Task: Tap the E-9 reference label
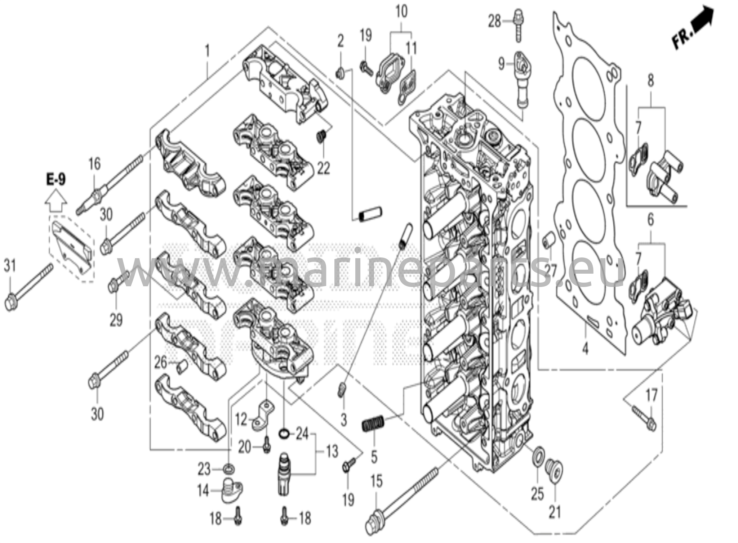tap(56, 179)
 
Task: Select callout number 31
tap(10, 266)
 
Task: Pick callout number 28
tap(494, 21)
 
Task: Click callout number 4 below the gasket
tap(585, 348)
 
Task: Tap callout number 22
tap(323, 167)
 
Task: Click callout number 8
tap(650, 80)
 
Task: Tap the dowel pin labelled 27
tap(547, 238)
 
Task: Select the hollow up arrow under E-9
tap(56, 200)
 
